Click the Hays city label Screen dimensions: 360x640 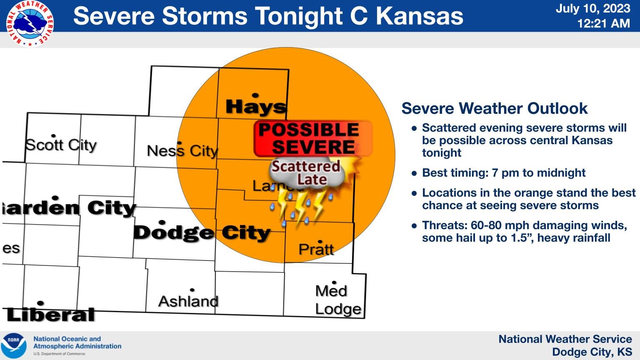pos(256,107)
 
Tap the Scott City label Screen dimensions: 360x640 pos(61,145)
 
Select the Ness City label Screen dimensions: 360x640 pos(182,150)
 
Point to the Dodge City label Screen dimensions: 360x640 pos(202,232)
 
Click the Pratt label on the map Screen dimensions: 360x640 pos(316,249)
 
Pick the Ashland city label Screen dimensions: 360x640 pos(188,301)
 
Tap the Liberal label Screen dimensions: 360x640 pos(51,315)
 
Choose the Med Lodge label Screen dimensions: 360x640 pos(337,300)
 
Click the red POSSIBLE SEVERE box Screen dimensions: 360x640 pos(312,139)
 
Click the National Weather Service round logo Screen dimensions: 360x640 pos(30,23)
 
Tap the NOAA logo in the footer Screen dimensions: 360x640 pos(14,345)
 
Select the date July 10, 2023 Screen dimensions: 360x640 pos(592,8)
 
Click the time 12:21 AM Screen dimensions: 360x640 pos(603,23)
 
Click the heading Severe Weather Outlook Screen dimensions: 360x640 pos(494,108)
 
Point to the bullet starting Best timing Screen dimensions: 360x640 pos(503,172)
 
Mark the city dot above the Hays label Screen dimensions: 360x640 pos(255,95)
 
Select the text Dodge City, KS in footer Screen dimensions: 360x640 pos(592,352)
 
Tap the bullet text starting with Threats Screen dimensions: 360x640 pos(524,231)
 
